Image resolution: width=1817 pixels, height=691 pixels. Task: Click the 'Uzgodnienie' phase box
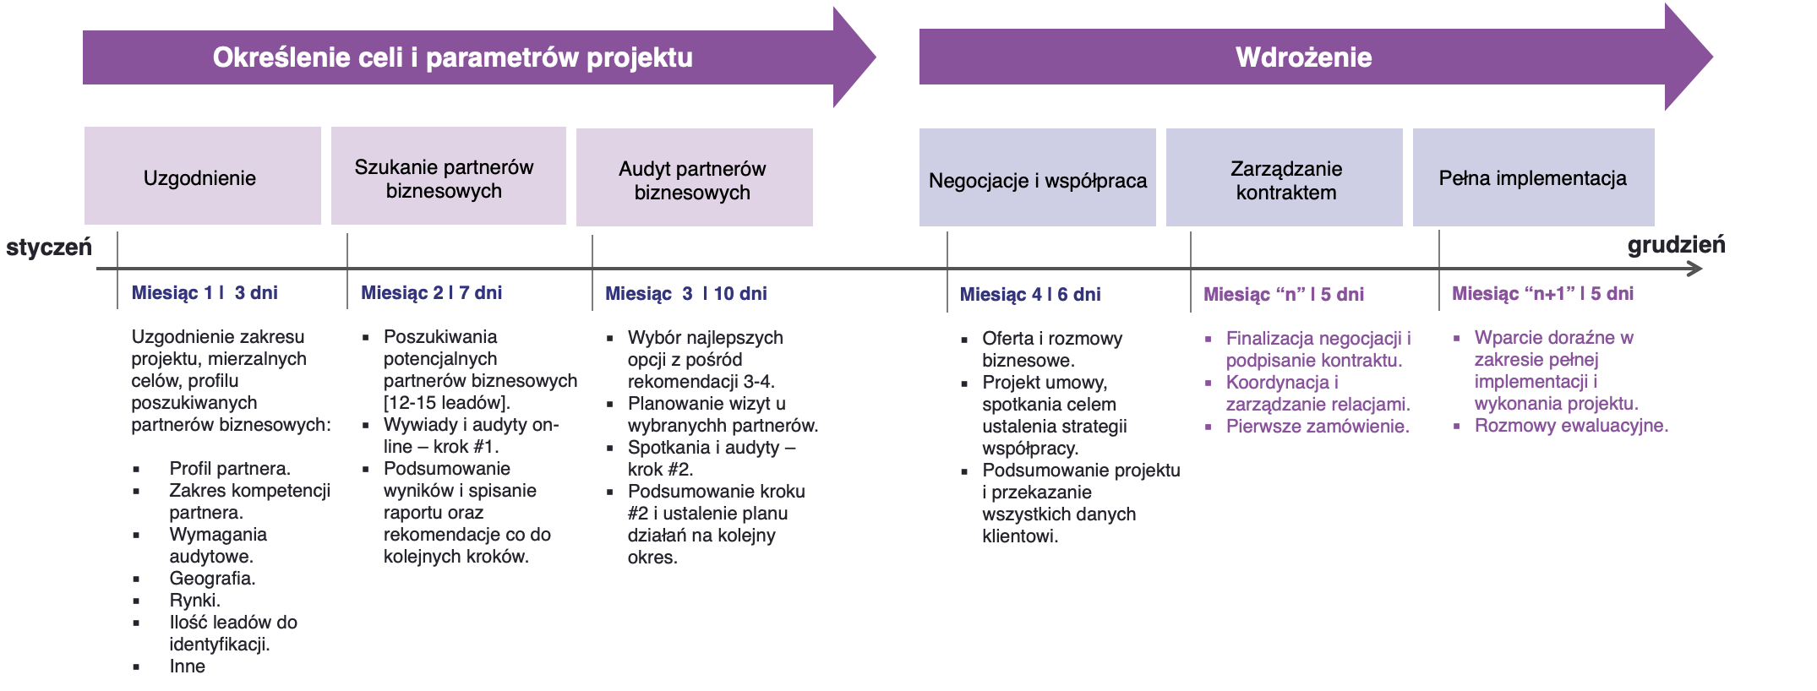(202, 177)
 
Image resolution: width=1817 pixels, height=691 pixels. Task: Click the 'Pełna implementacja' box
(1533, 177)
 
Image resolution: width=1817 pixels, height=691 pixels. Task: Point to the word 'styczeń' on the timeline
(48, 248)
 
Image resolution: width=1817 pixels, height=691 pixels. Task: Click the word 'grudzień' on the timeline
(1676, 245)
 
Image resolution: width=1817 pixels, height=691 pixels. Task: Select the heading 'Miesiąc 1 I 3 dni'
(205, 292)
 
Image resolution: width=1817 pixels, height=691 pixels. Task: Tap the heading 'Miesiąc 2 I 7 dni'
(431, 292)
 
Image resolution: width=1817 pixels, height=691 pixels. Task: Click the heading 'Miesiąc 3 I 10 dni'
(685, 293)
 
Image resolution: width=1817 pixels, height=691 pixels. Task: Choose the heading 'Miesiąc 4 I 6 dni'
(1030, 294)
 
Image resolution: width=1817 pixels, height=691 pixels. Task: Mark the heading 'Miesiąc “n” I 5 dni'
(1283, 294)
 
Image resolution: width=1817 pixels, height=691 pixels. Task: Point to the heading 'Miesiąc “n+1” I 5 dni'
(1542, 293)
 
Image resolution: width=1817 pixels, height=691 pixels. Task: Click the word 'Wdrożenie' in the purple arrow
(1303, 57)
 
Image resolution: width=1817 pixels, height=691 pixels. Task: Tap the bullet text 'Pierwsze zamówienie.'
(1317, 427)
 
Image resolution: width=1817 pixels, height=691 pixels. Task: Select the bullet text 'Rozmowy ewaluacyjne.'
(1571, 426)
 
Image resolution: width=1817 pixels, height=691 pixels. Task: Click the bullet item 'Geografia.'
(212, 579)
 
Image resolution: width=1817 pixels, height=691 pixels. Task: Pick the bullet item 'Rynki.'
(194, 601)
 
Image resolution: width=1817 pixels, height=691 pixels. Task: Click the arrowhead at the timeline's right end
(1695, 269)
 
